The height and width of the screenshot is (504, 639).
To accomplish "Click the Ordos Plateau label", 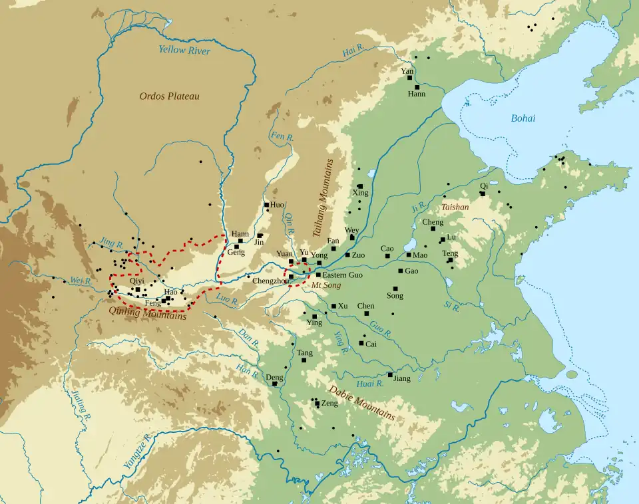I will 169,96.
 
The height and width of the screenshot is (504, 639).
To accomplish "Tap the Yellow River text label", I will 184,51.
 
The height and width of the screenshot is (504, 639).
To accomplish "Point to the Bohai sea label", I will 523,118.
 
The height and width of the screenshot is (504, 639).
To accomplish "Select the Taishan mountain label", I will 455,207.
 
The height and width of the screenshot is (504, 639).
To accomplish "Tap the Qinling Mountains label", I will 148,313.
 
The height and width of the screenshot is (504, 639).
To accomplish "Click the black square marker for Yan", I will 409,78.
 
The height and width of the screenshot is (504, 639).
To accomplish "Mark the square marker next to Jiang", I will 390,374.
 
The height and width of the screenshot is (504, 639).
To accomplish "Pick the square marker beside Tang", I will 304,360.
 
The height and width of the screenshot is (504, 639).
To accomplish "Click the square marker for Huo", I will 266,205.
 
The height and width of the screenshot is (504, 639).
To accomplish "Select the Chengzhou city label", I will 269,281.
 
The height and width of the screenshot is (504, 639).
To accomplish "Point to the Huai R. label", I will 370,384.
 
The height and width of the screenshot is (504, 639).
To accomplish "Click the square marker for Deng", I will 274,384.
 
